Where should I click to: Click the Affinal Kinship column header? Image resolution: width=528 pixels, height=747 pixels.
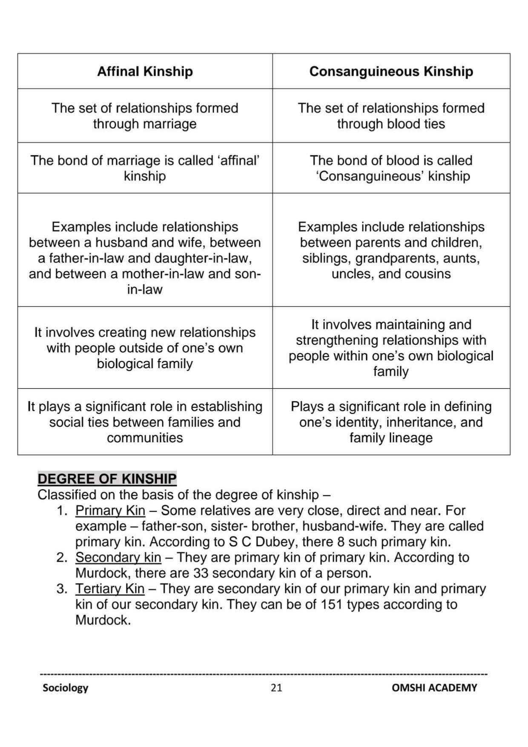click(x=145, y=72)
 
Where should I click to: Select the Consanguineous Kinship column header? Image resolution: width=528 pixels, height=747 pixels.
click(x=391, y=72)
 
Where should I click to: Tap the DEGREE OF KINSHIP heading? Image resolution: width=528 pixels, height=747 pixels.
click(x=107, y=479)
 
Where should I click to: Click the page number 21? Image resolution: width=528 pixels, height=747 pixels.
click(x=276, y=688)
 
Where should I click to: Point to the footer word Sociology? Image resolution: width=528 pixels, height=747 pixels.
click(x=65, y=688)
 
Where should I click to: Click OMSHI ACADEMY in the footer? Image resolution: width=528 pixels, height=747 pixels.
click(x=434, y=688)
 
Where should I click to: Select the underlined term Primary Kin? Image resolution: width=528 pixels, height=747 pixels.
click(x=110, y=510)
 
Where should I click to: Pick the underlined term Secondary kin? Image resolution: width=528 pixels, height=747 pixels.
click(x=118, y=557)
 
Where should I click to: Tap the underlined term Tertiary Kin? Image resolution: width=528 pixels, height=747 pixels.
click(x=110, y=589)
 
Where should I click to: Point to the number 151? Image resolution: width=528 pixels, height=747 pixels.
click(x=332, y=604)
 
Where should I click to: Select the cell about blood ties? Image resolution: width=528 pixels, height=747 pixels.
click(x=391, y=116)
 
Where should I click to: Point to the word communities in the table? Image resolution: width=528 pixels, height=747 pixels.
click(x=145, y=438)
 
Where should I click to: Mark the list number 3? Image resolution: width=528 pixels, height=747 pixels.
click(x=61, y=589)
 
